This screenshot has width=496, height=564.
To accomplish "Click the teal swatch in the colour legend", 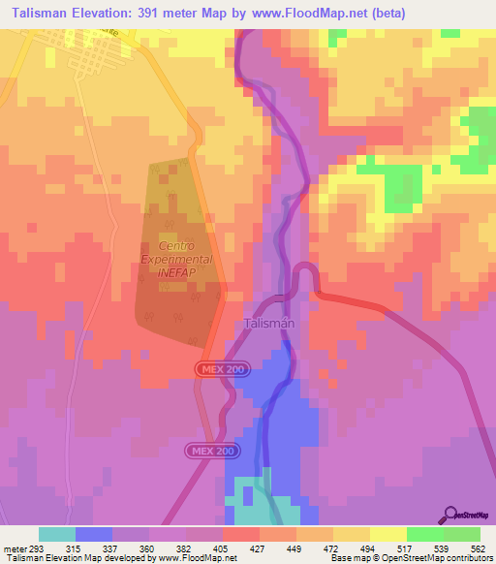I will [57, 534].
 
